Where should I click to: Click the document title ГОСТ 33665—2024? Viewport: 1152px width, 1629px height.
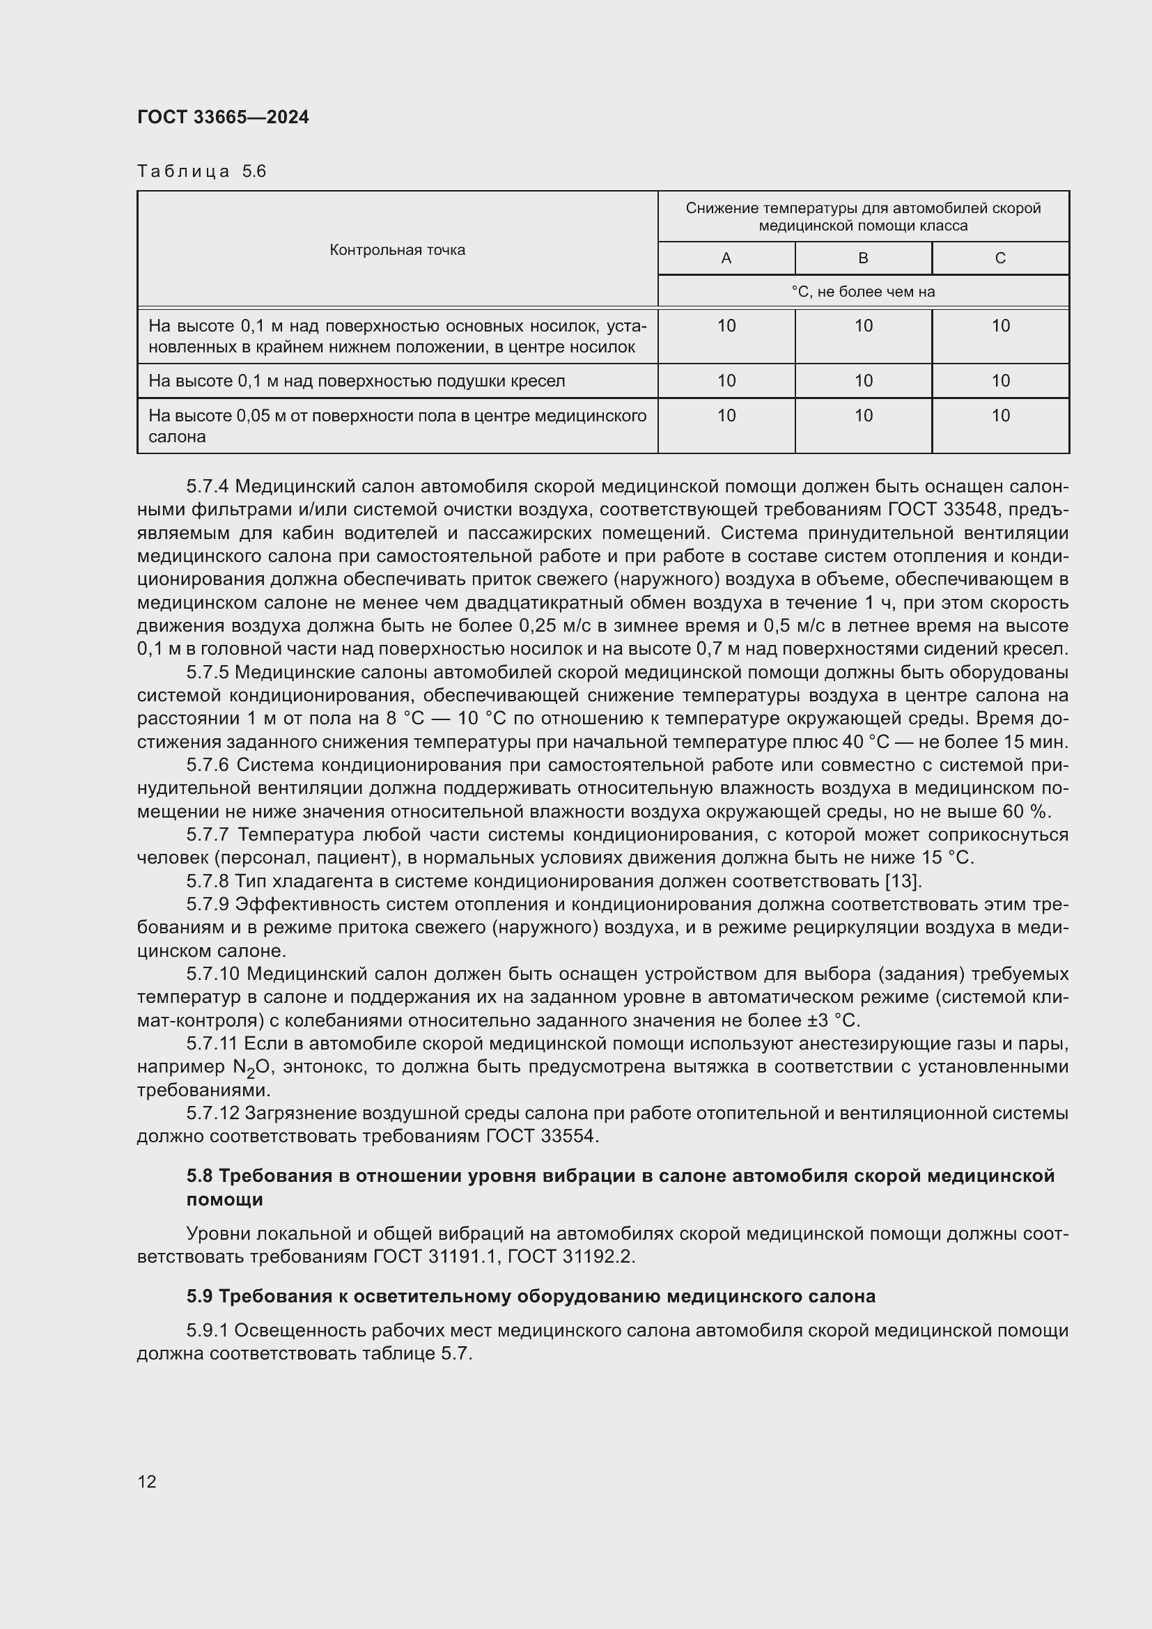pos(223,117)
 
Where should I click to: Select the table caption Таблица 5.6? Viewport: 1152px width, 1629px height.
pos(201,171)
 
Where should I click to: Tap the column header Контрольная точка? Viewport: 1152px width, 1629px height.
pos(397,250)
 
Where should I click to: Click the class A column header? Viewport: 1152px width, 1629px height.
pos(726,258)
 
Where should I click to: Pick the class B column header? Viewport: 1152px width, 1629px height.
pos(862,258)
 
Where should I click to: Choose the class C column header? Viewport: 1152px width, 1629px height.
pos(1000,258)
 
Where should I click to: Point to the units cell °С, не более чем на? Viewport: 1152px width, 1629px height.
pos(862,292)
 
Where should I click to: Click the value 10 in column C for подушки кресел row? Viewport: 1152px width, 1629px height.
pos(1000,381)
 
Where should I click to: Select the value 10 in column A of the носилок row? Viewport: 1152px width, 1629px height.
pos(726,326)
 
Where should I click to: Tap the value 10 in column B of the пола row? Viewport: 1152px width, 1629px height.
pos(862,415)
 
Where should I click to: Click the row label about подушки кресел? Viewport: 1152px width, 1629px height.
pos(357,381)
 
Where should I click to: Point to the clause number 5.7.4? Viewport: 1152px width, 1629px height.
pos(208,486)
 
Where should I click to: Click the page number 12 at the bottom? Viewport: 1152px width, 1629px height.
pos(147,1481)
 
